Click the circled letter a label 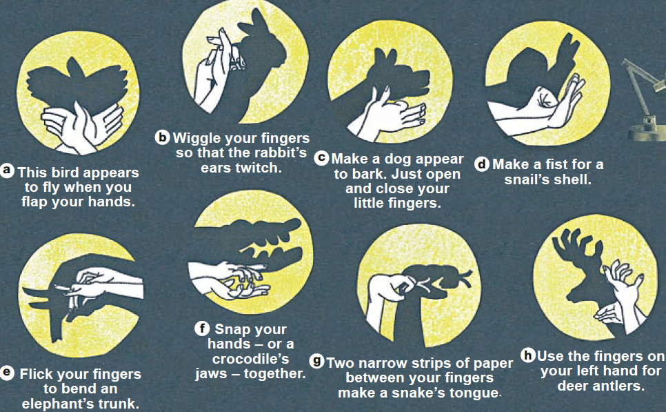7,170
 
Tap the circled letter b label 162,137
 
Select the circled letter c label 321,158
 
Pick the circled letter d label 482,164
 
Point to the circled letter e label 7,373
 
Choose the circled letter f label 203,328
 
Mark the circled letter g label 316,362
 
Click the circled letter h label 528,355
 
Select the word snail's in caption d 526,179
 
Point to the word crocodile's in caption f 250,359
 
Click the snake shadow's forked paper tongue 465,279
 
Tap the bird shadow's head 75,68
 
